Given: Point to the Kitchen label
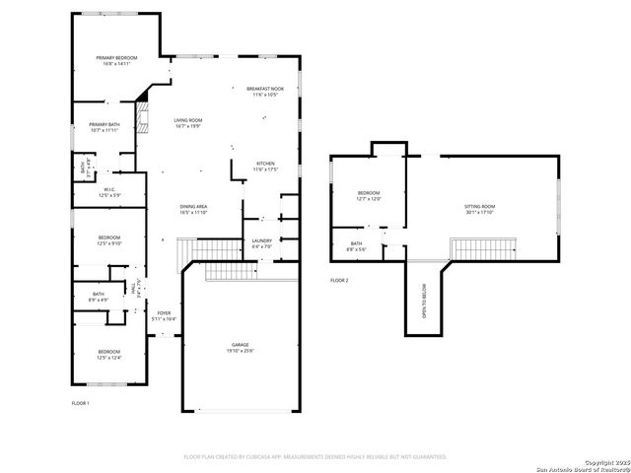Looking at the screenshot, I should click(265, 166).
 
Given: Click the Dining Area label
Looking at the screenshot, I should click(193, 209).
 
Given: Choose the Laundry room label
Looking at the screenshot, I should click(261, 242).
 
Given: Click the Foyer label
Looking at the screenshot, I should click(164, 316).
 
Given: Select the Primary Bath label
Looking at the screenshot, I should click(104, 126).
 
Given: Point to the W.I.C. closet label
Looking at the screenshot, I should click(109, 191).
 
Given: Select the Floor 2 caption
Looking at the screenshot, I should click(339, 281).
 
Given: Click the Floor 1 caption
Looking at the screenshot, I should click(80, 404).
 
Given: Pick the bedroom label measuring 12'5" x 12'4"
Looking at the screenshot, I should click(108, 355).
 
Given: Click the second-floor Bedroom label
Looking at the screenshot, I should click(368, 195).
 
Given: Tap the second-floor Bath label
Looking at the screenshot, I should click(356, 246).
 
